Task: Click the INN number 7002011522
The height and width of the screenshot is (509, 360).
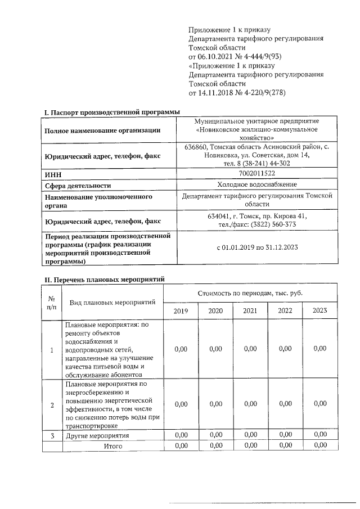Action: coord(257,174)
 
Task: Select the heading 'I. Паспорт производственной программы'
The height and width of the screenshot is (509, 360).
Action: coord(112,112)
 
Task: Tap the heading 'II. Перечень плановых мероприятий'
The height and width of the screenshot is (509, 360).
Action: coord(104,279)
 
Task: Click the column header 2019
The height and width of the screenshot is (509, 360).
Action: coord(181,311)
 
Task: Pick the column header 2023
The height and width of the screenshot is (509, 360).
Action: coord(319,311)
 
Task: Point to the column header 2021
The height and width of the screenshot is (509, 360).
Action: coord(250,311)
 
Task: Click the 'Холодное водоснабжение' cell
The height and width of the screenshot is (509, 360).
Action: coord(257,185)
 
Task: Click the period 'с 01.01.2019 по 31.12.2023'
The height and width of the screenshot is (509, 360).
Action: coord(257,247)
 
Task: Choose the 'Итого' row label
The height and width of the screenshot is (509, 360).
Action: coord(112,445)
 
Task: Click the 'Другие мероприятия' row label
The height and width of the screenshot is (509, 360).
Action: coord(97,435)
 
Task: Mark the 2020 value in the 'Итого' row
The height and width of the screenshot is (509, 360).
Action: coord(215,445)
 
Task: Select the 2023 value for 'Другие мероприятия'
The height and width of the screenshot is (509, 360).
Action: coord(319,435)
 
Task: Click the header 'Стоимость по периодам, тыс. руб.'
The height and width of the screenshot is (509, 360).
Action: coord(250,293)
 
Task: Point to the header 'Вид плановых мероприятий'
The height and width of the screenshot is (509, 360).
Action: coord(112,303)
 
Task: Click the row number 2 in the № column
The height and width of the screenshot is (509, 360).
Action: coord(52,404)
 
